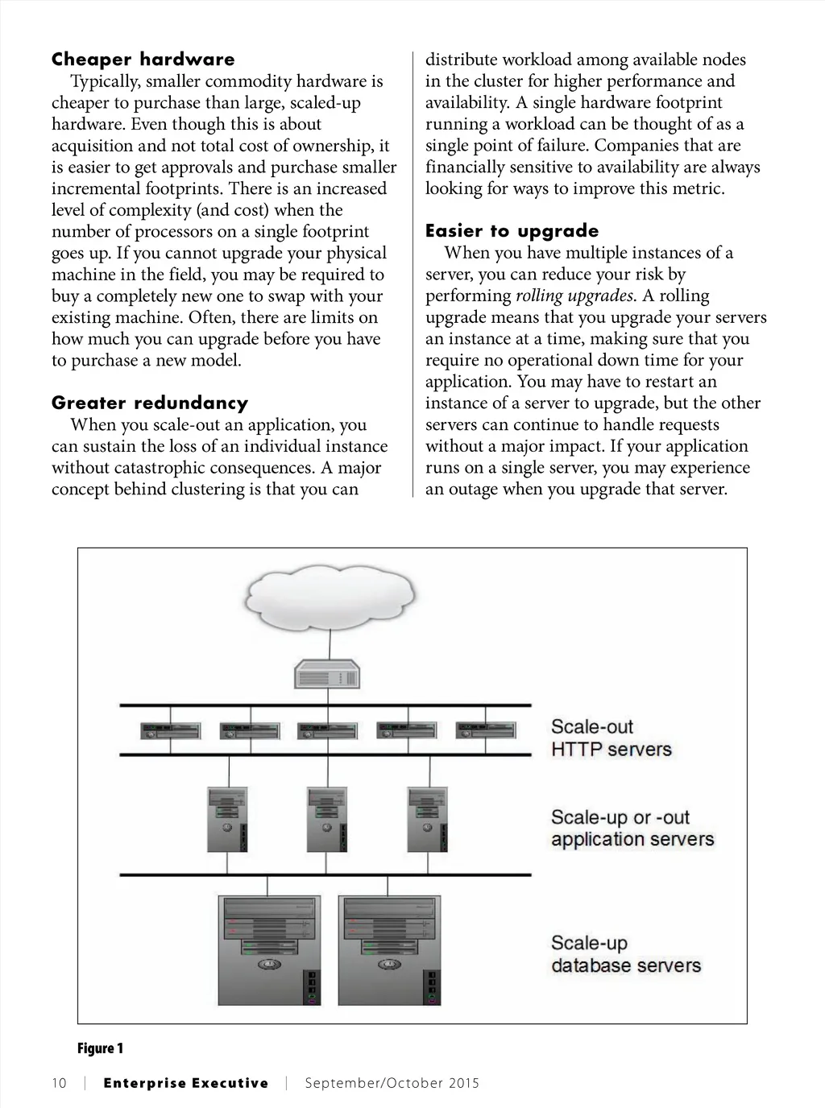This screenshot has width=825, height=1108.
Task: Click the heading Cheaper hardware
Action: [x=143, y=60]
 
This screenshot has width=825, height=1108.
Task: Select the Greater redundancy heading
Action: [x=150, y=403]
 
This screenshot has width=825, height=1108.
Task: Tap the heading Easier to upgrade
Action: [x=512, y=232]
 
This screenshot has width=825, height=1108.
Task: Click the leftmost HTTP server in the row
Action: [x=172, y=730]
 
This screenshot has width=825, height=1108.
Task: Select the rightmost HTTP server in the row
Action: [x=486, y=730]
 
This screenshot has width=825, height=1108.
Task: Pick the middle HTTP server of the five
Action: [x=328, y=730]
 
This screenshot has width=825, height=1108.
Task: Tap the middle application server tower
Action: [x=327, y=819]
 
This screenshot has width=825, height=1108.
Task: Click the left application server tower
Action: [x=227, y=819]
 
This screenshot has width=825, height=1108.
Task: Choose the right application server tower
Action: [x=427, y=819]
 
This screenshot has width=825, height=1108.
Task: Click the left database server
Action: [x=271, y=950]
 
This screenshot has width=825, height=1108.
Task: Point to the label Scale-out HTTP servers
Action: [x=611, y=738]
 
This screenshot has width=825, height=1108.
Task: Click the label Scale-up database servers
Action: [x=625, y=954]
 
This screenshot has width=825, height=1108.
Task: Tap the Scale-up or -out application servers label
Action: [x=632, y=829]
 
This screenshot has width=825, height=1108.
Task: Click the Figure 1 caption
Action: [x=100, y=1048]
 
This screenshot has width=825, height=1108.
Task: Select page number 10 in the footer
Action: [x=59, y=1083]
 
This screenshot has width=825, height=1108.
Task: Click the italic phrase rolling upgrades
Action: [x=574, y=296]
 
